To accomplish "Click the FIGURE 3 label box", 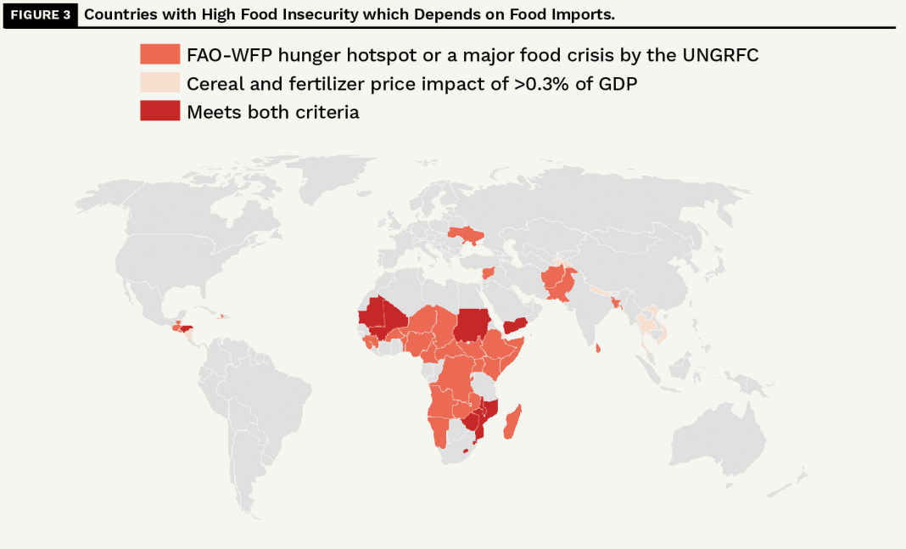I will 41,14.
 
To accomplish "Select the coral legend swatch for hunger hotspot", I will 159,55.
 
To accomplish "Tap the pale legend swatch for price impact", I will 159,83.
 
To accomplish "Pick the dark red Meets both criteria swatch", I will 159,111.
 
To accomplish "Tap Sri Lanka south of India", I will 600,347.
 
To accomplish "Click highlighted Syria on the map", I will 488,273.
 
